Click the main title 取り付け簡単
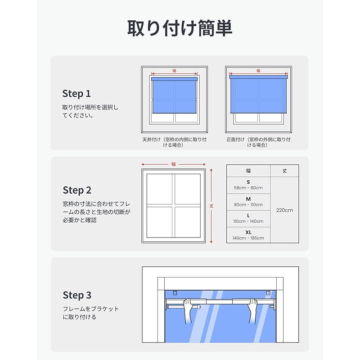(x=180, y=28)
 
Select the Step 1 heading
(x=76, y=94)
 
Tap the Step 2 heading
(x=77, y=190)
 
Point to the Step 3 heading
(x=77, y=295)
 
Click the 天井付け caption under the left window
(x=174, y=142)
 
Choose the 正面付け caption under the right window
(x=258, y=142)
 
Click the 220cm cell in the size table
(x=285, y=210)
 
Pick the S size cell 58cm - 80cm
(x=248, y=185)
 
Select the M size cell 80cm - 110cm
(x=248, y=202)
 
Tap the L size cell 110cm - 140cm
(x=248, y=218)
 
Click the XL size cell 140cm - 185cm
(x=248, y=235)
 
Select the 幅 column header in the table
(x=248, y=171)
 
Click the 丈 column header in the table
(x=285, y=171)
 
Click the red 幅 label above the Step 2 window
(x=174, y=164)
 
